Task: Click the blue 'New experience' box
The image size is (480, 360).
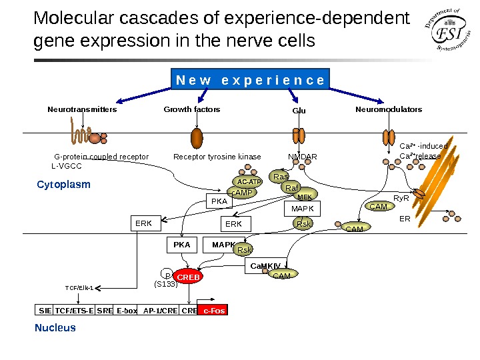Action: click(x=250, y=80)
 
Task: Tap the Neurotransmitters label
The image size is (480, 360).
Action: click(x=82, y=109)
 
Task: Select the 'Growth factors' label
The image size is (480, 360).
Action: click(x=192, y=109)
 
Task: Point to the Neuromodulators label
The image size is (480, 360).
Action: click(x=389, y=109)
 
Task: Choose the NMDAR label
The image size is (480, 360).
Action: click(x=303, y=157)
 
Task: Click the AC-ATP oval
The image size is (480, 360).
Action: click(x=250, y=181)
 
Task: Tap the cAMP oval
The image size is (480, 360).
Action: click(x=242, y=193)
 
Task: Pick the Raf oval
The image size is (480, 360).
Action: click(x=292, y=188)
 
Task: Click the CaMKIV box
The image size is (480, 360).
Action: click(x=265, y=267)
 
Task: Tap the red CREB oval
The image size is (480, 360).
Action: click(x=189, y=277)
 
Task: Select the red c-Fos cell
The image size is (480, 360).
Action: click(x=213, y=311)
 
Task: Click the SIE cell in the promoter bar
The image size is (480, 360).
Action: click(x=45, y=311)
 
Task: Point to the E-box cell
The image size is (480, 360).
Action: click(x=127, y=311)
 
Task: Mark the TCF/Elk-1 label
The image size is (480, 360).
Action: click(x=79, y=288)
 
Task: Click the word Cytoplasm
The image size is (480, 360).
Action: click(x=63, y=185)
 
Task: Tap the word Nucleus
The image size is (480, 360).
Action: click(x=55, y=327)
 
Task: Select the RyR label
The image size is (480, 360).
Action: click(x=401, y=198)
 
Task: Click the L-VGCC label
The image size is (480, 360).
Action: click(x=66, y=166)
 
